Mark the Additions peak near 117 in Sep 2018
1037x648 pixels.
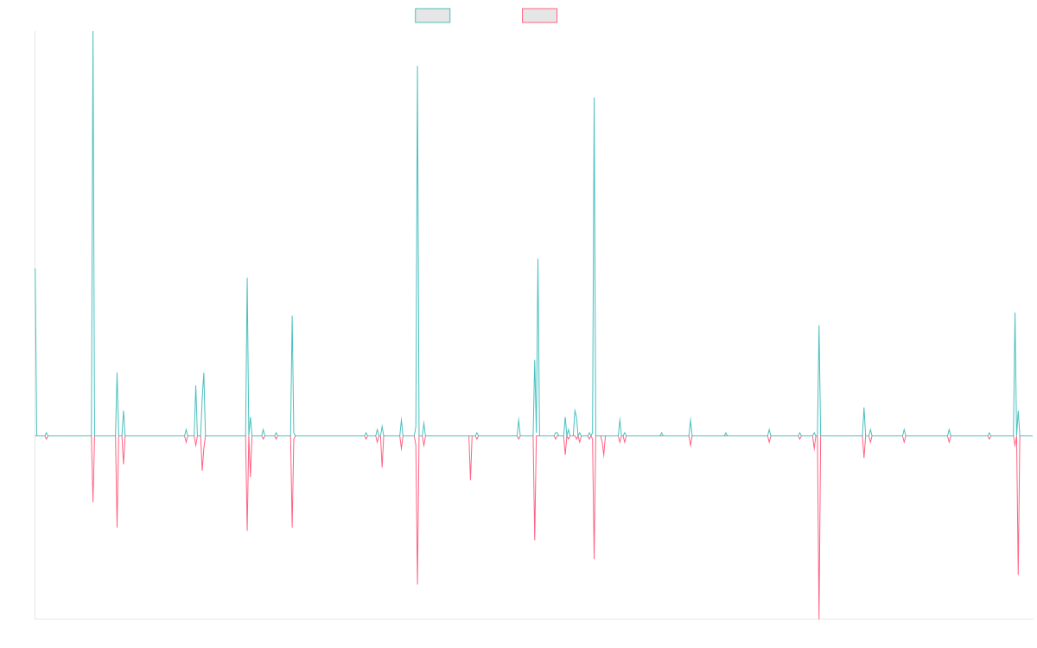click(x=417, y=67)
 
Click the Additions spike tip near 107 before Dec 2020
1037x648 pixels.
click(x=595, y=97)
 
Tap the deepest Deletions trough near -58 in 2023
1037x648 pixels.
click(x=818, y=618)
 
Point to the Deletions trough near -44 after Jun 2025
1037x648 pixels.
click(x=1018, y=575)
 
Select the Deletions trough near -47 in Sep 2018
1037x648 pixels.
click(x=417, y=585)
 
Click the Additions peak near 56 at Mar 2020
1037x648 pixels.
click(x=538, y=258)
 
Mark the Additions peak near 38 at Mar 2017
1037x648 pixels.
click(x=292, y=316)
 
